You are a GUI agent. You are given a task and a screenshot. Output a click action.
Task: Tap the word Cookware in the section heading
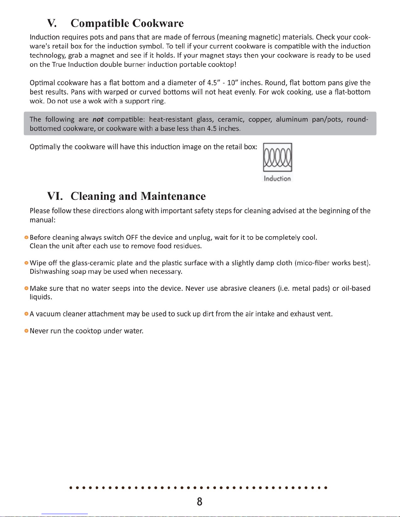coord(158,23)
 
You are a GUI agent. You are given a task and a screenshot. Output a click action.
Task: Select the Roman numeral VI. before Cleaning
coord(55,196)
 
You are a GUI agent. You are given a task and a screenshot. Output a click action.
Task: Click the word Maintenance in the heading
coord(173,196)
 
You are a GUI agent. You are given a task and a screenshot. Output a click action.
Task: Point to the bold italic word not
coord(98,119)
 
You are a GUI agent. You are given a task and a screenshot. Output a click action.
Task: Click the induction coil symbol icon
coord(278,157)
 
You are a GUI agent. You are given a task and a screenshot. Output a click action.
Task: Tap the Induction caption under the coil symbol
coord(277,178)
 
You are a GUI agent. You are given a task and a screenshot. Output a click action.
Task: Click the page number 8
coord(200,501)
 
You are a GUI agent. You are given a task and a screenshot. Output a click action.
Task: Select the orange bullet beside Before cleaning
coord(26,237)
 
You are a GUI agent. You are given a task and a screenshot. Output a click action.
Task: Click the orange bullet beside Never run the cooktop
coord(26,331)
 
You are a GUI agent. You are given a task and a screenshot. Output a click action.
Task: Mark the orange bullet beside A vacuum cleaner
coord(26,314)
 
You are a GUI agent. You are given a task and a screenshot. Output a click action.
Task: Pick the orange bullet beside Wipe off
coord(26,263)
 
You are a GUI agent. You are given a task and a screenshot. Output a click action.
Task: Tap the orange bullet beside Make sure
coord(26,288)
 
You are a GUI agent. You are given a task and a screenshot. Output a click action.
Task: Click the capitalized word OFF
coord(132,237)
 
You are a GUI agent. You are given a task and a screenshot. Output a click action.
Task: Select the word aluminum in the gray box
coord(292,119)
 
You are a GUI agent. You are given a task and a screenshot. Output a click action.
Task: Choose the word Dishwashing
coord(49,271)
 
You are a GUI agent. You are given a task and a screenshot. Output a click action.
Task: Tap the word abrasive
coord(233,288)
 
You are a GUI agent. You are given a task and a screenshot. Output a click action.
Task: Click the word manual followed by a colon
coord(42,220)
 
